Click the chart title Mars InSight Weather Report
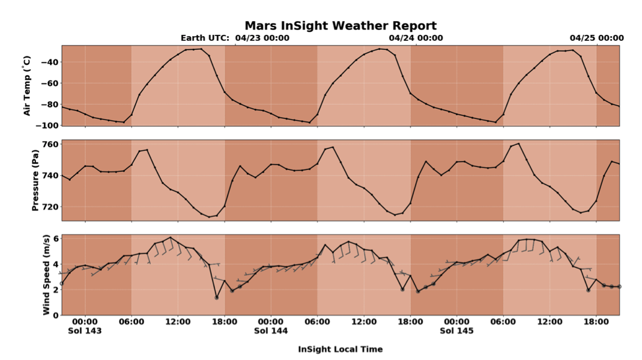(340, 26)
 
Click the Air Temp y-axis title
(26, 85)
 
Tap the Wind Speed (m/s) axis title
(46, 275)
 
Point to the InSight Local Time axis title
(340, 349)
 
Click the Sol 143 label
(85, 331)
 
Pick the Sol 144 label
(270, 331)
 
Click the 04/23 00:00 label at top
(262, 38)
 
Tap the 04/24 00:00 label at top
(416, 38)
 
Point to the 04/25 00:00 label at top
(596, 38)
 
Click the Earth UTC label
(205, 38)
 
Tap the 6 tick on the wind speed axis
(55, 238)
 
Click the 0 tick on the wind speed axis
(55, 315)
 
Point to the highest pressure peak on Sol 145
(518, 144)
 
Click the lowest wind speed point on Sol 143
(216, 297)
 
